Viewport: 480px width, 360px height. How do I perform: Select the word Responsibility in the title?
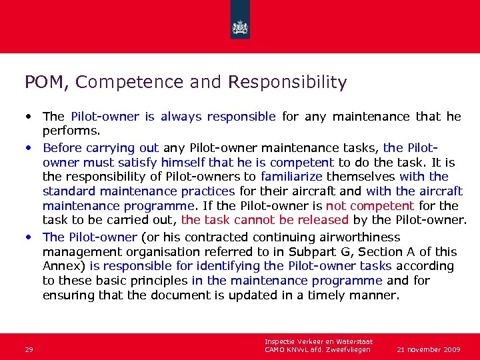287,83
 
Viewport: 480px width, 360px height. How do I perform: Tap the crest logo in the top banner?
240,27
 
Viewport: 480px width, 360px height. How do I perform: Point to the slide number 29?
29,349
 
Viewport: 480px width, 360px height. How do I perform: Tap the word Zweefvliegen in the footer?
347,349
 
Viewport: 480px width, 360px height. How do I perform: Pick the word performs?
71,131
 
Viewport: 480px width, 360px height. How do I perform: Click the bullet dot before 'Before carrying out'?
30,147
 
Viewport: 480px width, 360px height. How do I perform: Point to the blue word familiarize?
291,177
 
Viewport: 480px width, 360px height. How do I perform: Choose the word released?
323,220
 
